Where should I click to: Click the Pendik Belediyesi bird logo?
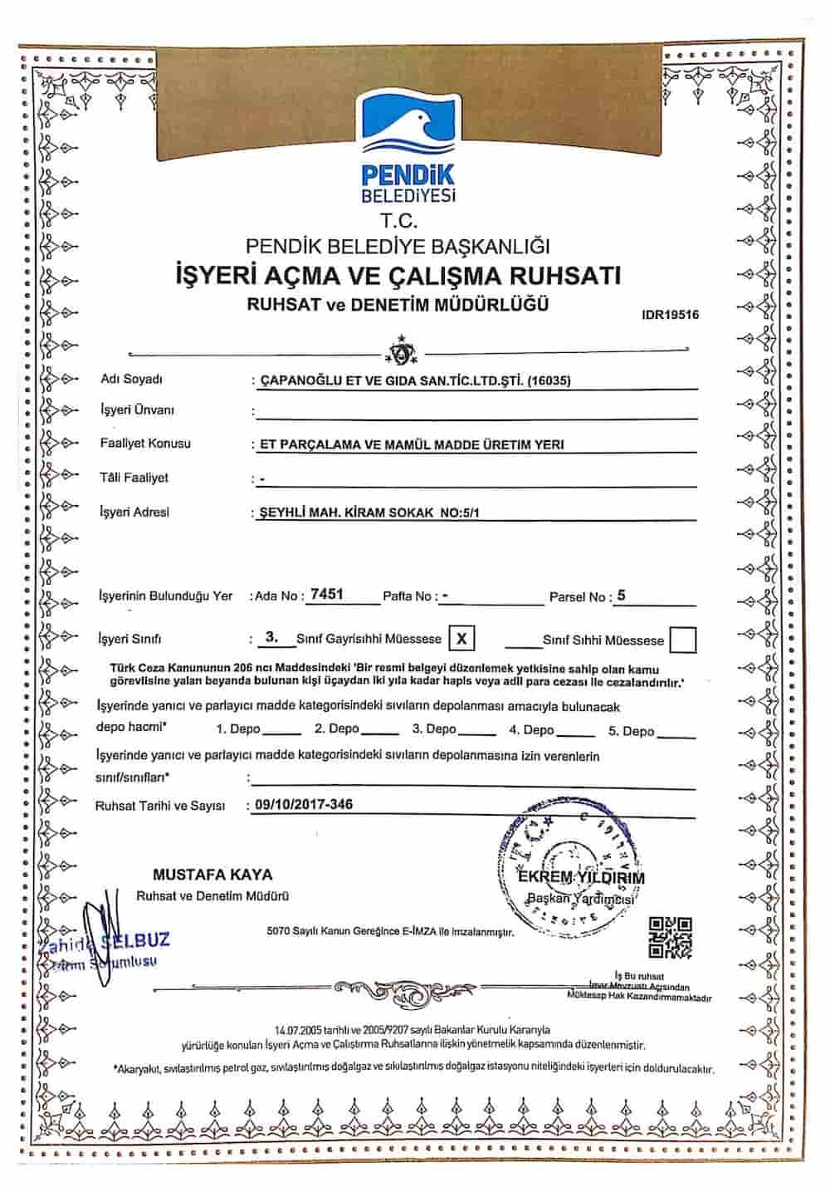(x=408, y=125)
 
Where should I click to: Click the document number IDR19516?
(x=671, y=315)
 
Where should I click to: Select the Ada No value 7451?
(x=327, y=595)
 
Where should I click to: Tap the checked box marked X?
(x=462, y=638)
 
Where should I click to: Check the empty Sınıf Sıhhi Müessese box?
(x=682, y=640)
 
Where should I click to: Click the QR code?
(x=670, y=936)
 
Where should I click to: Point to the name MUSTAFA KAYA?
(x=212, y=875)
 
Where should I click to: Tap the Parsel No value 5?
(x=622, y=595)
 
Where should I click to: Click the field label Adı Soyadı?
(x=131, y=380)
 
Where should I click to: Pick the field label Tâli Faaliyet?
(x=134, y=478)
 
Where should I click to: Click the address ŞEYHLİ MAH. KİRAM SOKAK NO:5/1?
(x=369, y=513)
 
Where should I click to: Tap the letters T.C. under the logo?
(x=399, y=222)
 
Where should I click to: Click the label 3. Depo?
(x=434, y=729)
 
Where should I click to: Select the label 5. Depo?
(x=632, y=731)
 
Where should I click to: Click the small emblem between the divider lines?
(x=403, y=351)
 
